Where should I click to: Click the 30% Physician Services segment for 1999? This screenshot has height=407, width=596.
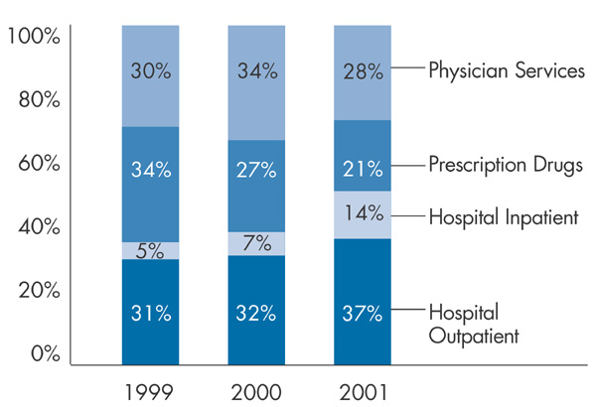[x=150, y=74]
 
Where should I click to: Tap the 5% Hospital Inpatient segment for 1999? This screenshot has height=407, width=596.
[x=150, y=250]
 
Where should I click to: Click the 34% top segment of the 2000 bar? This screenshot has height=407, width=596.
[x=255, y=81]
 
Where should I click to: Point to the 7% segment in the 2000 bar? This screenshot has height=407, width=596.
[x=255, y=243]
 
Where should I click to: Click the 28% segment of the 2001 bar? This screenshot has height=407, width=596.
[x=362, y=71]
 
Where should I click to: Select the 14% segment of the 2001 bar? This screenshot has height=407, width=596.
[x=362, y=214]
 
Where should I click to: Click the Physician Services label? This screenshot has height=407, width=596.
[x=504, y=70]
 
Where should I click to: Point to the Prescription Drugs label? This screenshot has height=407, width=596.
[x=505, y=165]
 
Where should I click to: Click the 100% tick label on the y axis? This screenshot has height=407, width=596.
[x=34, y=37]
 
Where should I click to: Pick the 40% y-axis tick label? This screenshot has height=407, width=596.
[x=40, y=227]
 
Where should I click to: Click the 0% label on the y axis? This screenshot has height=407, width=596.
[x=45, y=354]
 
